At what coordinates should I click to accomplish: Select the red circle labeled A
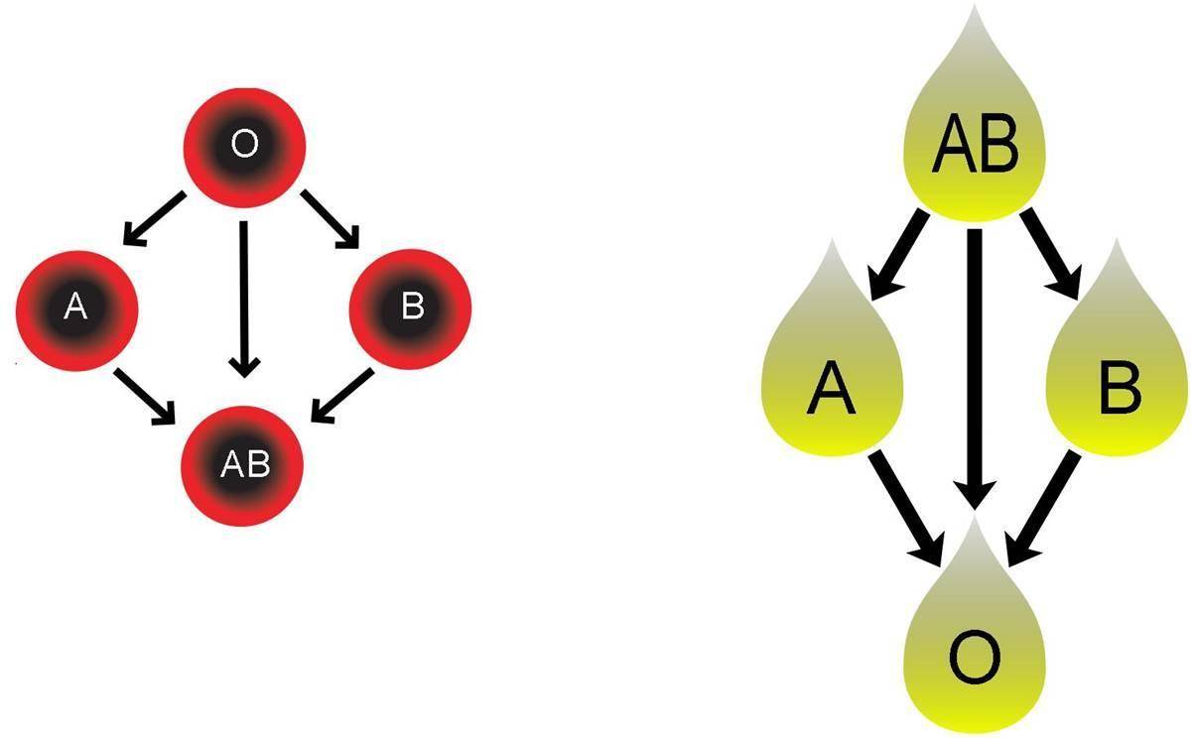point(76,307)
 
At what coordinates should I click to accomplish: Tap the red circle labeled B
point(410,307)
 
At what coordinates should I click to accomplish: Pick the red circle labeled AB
point(243,463)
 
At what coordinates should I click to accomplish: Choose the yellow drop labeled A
point(832,382)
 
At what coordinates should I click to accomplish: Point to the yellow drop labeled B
point(1119,382)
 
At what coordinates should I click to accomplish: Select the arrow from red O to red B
point(332,219)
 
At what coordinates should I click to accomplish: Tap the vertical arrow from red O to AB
point(243,298)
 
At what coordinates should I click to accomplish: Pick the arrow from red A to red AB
point(146,398)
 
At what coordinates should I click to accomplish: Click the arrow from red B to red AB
point(342,398)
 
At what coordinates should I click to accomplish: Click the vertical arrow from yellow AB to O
point(974,367)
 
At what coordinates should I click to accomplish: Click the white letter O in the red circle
point(243,145)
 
